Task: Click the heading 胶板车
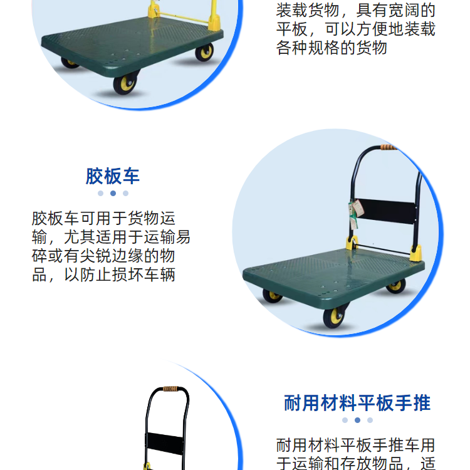coord(113,176)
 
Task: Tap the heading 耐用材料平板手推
coord(357,403)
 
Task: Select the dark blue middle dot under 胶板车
coord(113,194)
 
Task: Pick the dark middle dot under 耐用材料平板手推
coord(357,420)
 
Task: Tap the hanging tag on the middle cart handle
coord(355,213)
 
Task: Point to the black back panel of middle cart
coord(385,211)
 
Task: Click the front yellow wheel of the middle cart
coord(334,318)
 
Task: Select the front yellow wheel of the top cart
coord(125,84)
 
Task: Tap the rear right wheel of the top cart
coord(204,52)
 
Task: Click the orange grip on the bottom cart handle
coord(170,389)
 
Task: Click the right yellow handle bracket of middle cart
coord(415,253)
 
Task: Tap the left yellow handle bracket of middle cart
coord(352,243)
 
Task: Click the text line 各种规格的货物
coord(332,48)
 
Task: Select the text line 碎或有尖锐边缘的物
coord(103,256)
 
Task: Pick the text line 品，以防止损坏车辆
coord(103,274)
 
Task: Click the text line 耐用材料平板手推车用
coord(356,445)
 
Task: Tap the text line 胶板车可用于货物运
coord(103,218)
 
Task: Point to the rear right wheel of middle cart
coord(396,286)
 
